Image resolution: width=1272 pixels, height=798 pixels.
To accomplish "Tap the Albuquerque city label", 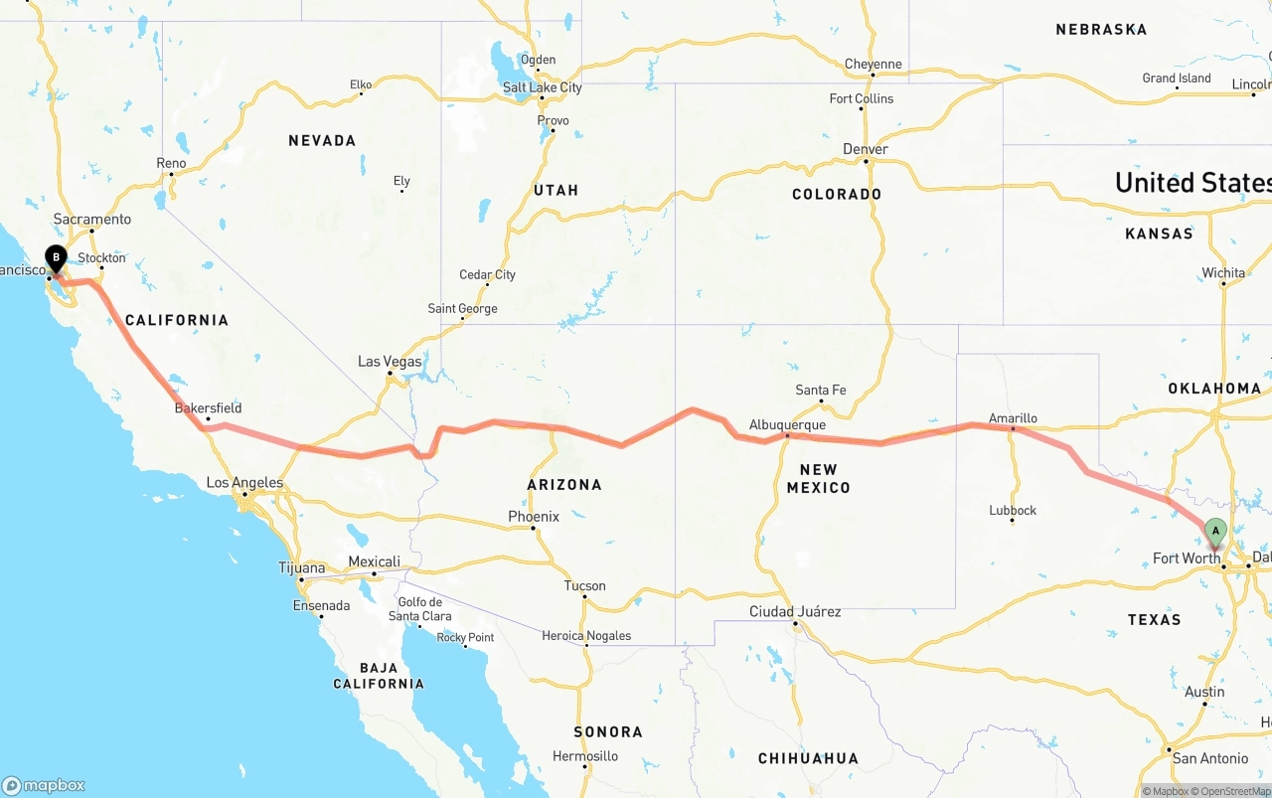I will [787, 425].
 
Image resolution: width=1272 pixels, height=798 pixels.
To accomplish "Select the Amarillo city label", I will [1013, 418].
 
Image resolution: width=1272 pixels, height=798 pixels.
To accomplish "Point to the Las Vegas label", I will [390, 362].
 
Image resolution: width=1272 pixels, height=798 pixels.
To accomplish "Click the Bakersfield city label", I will [208, 408].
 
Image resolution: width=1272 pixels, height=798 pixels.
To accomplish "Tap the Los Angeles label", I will [244, 483].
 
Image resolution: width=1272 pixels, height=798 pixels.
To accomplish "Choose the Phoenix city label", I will [534, 517].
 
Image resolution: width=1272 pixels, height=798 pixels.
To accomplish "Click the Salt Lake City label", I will [542, 87].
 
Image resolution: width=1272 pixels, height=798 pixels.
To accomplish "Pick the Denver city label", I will [865, 149].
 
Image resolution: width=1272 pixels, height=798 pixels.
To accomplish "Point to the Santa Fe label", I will [821, 391].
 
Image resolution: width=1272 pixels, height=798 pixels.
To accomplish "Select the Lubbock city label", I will [1013, 511].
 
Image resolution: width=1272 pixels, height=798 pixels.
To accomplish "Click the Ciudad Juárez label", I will [795, 611].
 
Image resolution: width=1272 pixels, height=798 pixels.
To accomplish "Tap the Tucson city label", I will [584, 586].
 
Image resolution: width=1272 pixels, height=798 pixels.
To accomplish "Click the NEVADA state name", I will [322, 141].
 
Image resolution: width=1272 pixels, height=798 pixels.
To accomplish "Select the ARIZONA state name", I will [564, 485].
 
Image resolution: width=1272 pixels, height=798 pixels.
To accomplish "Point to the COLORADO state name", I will [837, 195].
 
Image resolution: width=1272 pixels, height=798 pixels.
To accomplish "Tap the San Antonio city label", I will [1210, 758].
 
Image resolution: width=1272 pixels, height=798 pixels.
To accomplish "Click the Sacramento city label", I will [92, 220].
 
